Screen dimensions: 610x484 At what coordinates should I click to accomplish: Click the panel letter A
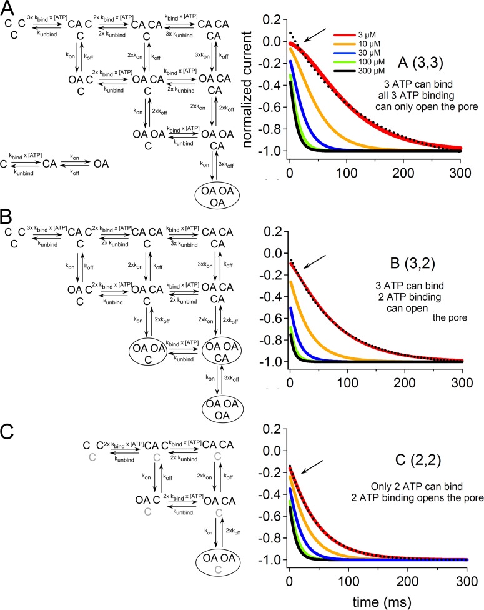(9, 8)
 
